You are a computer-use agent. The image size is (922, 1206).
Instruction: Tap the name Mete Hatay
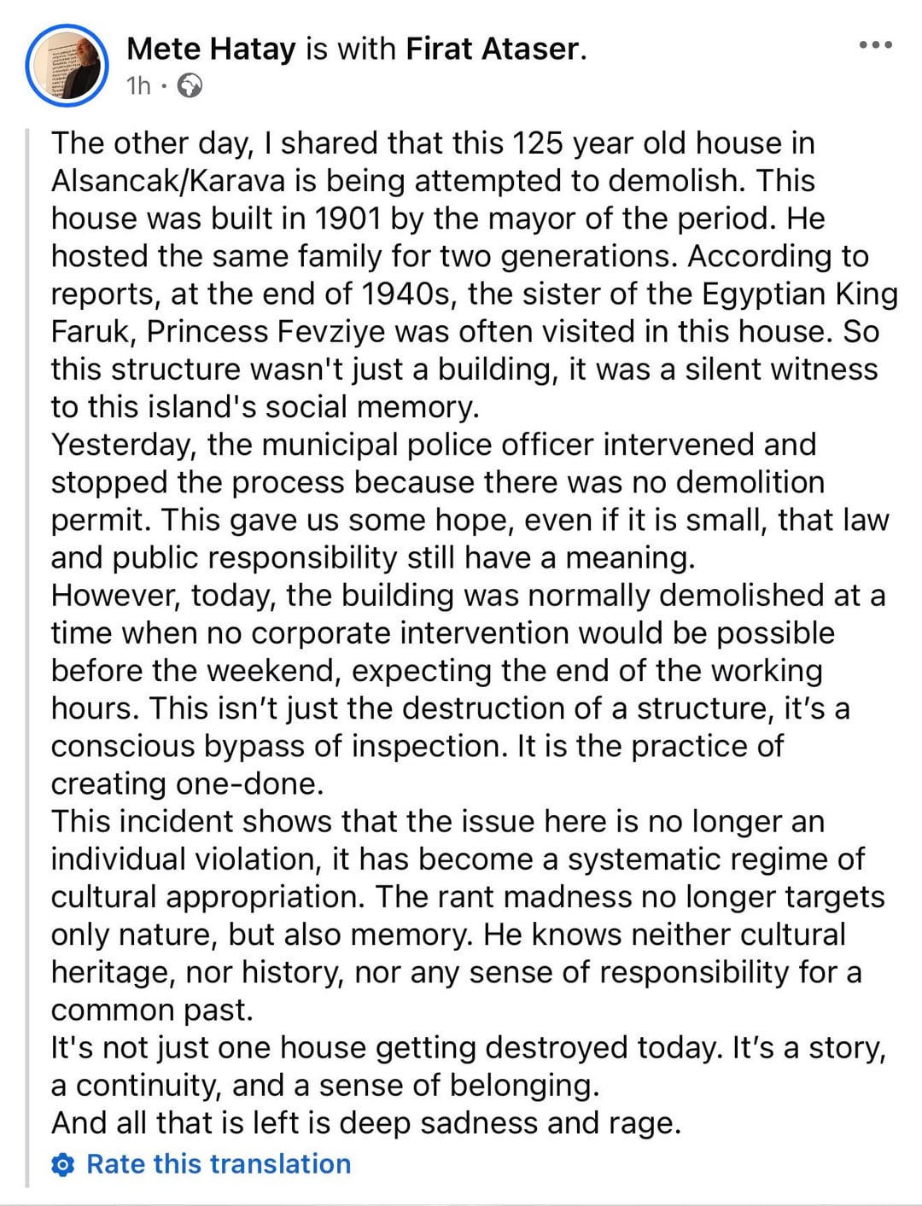tap(211, 49)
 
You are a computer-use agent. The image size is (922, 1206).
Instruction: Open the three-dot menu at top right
tap(877, 45)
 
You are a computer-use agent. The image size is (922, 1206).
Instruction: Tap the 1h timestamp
tap(138, 85)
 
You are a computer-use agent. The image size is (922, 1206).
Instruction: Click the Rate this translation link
tap(219, 1164)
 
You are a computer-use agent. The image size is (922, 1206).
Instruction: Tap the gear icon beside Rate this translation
tap(63, 1165)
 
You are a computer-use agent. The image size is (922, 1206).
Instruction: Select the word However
tap(115, 595)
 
